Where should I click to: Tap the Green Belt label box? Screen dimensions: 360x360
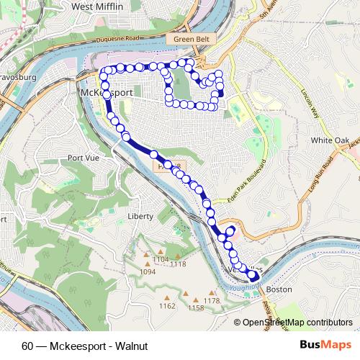pos(190,40)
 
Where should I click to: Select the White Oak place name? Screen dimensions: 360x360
pos(330,140)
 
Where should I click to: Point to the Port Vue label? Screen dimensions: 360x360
pos(82,158)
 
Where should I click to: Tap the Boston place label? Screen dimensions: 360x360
pos(279,289)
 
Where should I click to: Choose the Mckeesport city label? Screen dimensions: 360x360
pos(104,94)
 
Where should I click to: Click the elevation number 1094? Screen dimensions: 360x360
pos(148,272)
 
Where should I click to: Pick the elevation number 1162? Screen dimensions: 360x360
pos(167,306)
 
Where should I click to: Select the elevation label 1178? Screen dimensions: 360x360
pos(211,300)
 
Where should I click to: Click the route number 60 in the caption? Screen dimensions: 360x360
pos(27,345)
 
